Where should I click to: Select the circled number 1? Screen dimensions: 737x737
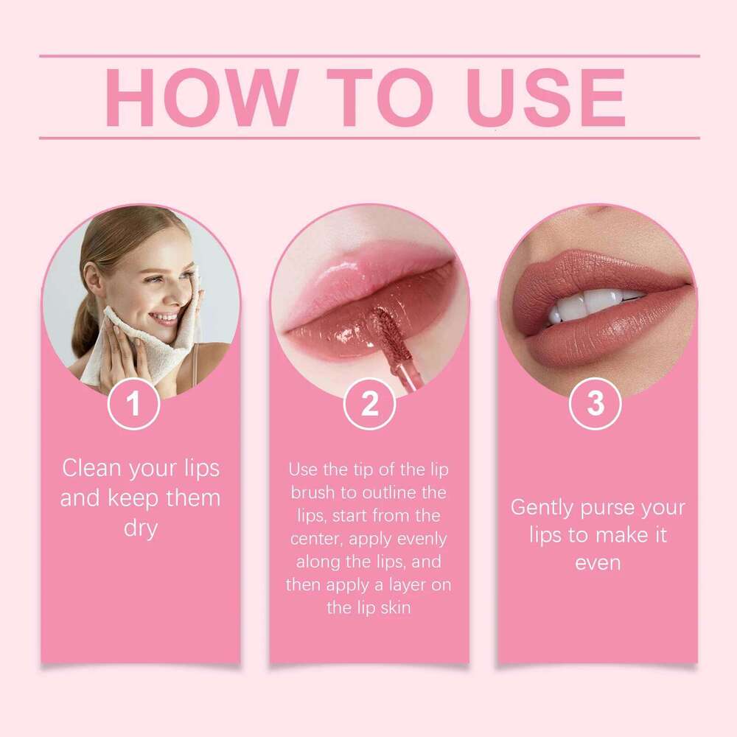click(133, 403)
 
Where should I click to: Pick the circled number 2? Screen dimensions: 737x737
click(369, 403)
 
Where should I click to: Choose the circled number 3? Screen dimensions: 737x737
click(595, 403)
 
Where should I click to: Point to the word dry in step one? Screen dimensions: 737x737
click(140, 529)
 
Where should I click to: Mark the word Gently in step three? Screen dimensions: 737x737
click(542, 508)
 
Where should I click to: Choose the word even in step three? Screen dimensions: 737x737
click(597, 562)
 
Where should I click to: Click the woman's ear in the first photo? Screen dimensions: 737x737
click(94, 279)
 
